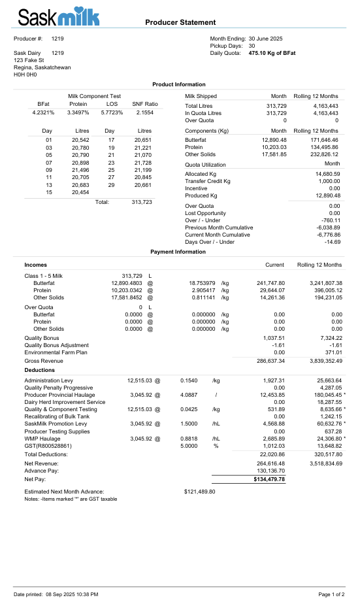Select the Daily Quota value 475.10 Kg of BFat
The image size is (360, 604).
click(x=272, y=53)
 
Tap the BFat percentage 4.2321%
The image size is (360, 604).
click(x=44, y=112)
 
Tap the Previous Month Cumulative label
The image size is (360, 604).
click(x=219, y=227)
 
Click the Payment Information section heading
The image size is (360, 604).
click(x=178, y=252)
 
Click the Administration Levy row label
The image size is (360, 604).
click(x=48, y=380)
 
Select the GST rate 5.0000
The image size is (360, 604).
click(x=189, y=446)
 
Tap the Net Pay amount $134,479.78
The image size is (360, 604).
click(x=269, y=479)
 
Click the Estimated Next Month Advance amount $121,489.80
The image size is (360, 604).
click(x=200, y=491)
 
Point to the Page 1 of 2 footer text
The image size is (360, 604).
click(x=331, y=594)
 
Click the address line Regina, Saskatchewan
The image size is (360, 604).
click(x=42, y=67)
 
